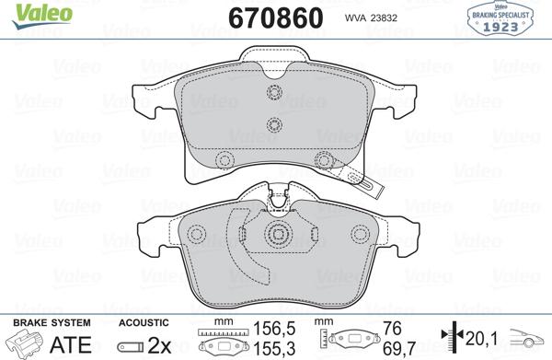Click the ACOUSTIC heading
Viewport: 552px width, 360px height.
(x=144, y=322)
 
